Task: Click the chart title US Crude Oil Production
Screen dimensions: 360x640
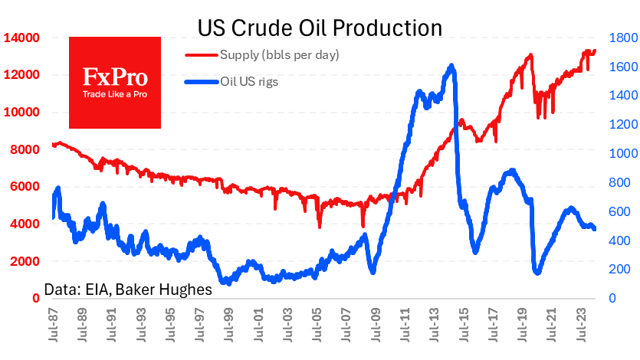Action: click(320, 28)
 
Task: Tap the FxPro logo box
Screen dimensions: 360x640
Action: click(115, 82)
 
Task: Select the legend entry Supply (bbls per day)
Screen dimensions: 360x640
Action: click(279, 54)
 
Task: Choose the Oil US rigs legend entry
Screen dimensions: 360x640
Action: click(249, 81)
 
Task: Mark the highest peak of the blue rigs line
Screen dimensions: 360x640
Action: click(452, 66)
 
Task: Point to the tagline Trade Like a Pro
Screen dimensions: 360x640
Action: click(115, 94)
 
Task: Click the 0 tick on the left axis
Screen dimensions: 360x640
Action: click(35, 299)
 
